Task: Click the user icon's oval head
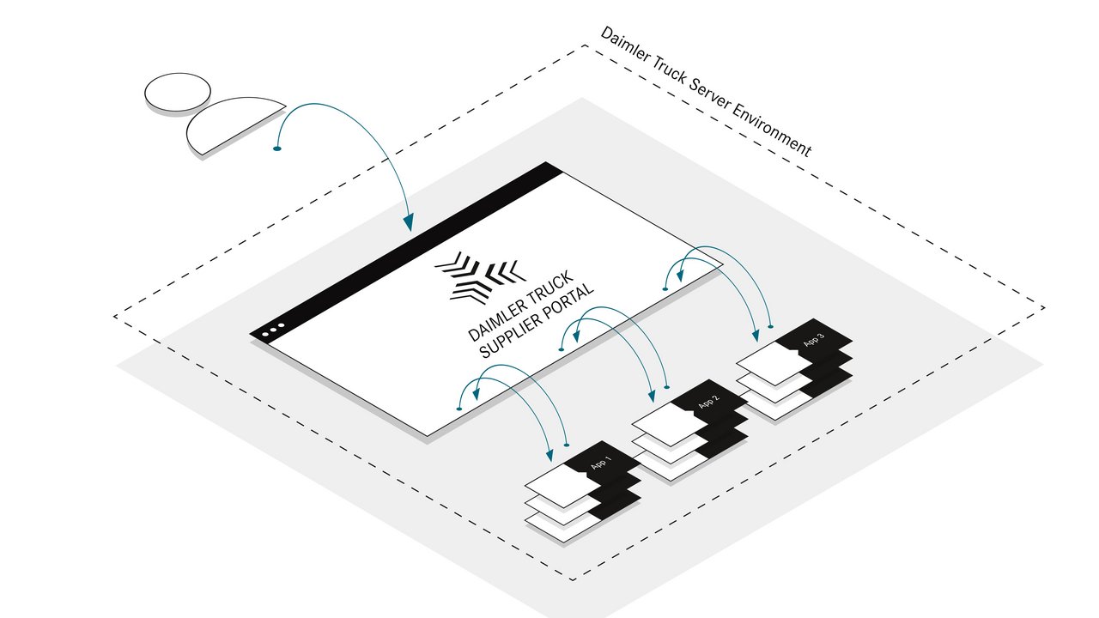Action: click(x=178, y=92)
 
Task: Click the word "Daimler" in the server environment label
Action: click(x=625, y=46)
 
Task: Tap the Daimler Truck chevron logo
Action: click(x=477, y=276)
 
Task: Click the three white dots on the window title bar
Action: click(x=272, y=331)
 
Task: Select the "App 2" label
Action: click(x=708, y=403)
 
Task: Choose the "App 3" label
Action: click(x=813, y=341)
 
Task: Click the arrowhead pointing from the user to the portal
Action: click(x=409, y=222)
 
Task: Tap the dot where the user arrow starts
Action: click(x=276, y=149)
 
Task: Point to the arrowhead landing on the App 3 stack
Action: click(x=756, y=332)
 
